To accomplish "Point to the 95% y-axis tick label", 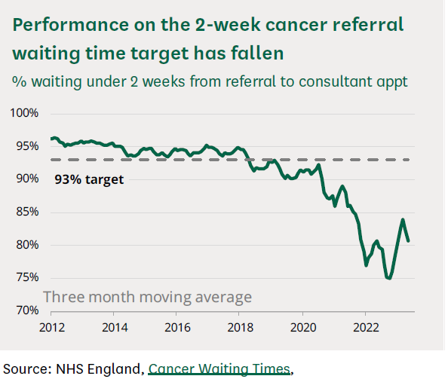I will tap(26, 146).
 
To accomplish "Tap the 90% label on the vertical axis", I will tap(26, 179).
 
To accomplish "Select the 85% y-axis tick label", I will tap(26, 212).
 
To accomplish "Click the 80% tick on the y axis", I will tap(26, 245).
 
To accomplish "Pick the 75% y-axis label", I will tap(26, 277).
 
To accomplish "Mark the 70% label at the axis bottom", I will tap(26, 310).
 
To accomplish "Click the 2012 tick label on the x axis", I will tap(51, 328).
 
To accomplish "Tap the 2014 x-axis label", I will tap(113, 328).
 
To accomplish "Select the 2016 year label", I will tap(176, 328).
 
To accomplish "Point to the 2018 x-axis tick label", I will tap(239, 328).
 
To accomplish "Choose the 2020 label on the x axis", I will tap(302, 328).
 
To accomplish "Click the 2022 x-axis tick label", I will tap(365, 328).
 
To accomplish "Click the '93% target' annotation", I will tap(89, 180).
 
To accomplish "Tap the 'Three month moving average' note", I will tap(147, 297).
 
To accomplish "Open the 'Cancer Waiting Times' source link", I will tap(219, 368).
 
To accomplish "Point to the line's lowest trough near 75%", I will tap(389, 278).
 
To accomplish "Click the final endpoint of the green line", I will tap(408, 241).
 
